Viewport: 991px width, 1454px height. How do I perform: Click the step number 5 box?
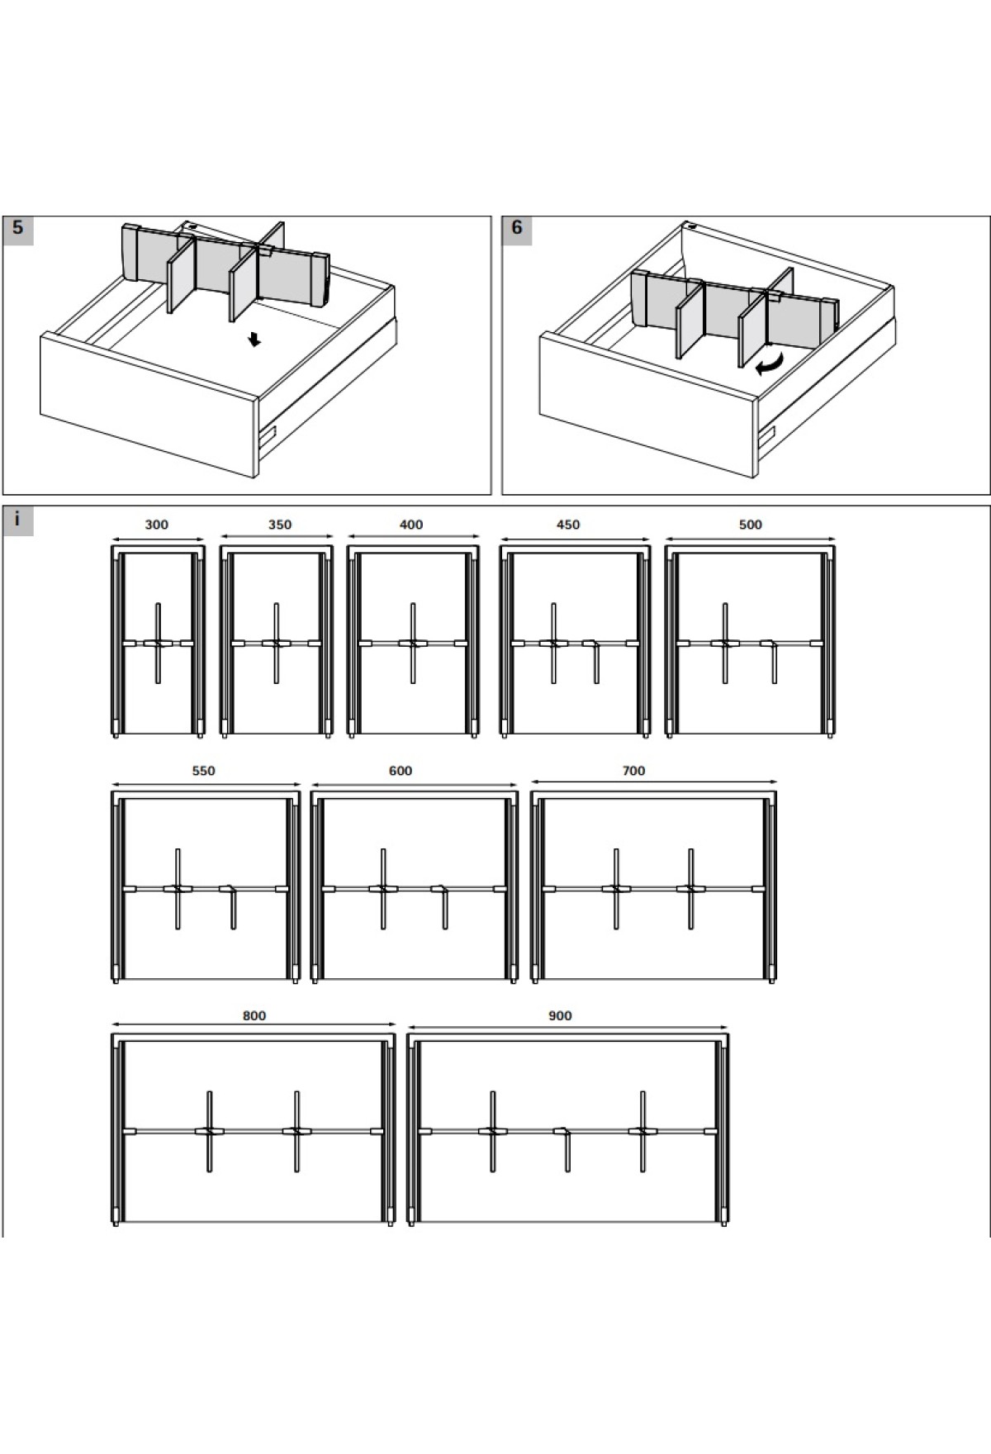coord(17,230)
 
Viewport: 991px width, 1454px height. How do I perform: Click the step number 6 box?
coord(517,230)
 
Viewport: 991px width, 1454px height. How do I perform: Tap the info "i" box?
coord(17,520)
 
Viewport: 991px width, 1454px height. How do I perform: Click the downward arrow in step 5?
coord(255,339)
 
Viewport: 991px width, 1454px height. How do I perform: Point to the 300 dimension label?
coord(156,525)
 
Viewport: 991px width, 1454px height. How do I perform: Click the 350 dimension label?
coord(280,525)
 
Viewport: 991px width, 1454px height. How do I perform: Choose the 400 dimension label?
coord(411,525)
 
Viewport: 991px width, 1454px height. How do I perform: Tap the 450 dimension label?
coord(568,525)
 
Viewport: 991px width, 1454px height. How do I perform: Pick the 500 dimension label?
coord(751,525)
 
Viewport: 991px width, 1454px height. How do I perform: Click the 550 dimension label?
coord(203,771)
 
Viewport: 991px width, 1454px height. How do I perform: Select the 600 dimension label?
coord(401,771)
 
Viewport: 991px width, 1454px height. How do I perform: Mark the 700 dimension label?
coord(633,771)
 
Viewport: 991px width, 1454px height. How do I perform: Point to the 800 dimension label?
coord(254,1015)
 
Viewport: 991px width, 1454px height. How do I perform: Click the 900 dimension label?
coord(560,1015)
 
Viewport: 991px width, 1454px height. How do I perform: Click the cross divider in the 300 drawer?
coord(158,643)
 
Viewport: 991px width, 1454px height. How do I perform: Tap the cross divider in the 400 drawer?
coord(412,643)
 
